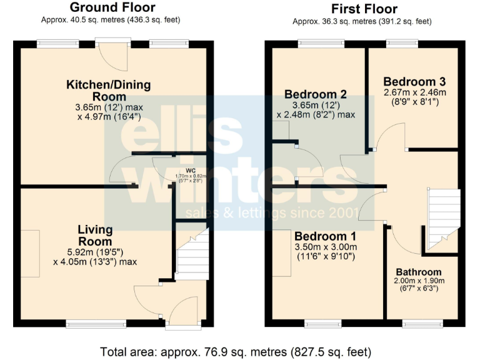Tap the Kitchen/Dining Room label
pyautogui.click(x=109, y=91)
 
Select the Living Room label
pyautogui.click(x=95, y=235)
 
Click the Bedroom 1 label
pyautogui.click(x=325, y=237)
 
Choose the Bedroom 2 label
pyautogui.click(x=316, y=94)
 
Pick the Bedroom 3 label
pyautogui.click(x=414, y=82)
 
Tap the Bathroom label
pyautogui.click(x=419, y=272)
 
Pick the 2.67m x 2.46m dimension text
pyautogui.click(x=414, y=92)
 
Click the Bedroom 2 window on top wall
pyautogui.click(x=316, y=43)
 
